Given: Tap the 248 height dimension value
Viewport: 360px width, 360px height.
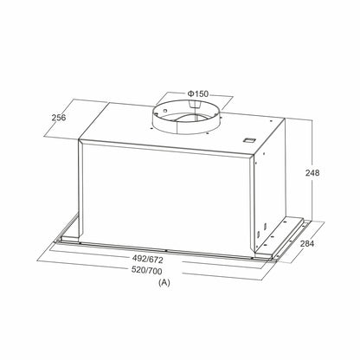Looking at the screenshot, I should pyautogui.click(x=313, y=173).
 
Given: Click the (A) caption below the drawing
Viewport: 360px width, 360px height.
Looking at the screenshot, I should pyautogui.click(x=165, y=283).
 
